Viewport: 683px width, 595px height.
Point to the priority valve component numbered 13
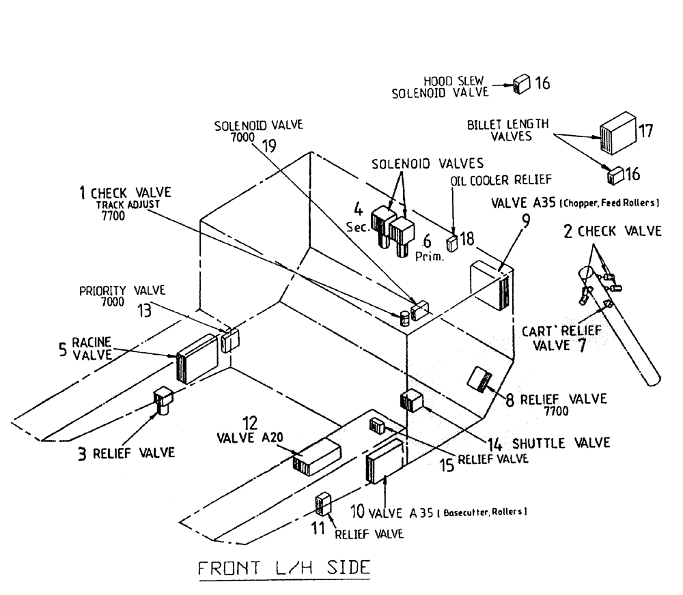tap(229, 339)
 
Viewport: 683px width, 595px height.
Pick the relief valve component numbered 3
tap(164, 401)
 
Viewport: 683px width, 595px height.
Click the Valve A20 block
tap(316, 457)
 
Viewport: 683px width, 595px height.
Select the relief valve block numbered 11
tap(323, 504)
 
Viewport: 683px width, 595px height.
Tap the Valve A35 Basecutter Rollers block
tap(386, 461)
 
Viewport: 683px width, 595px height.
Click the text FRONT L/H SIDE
tap(284, 568)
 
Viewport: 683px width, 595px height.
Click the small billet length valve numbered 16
tap(615, 175)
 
